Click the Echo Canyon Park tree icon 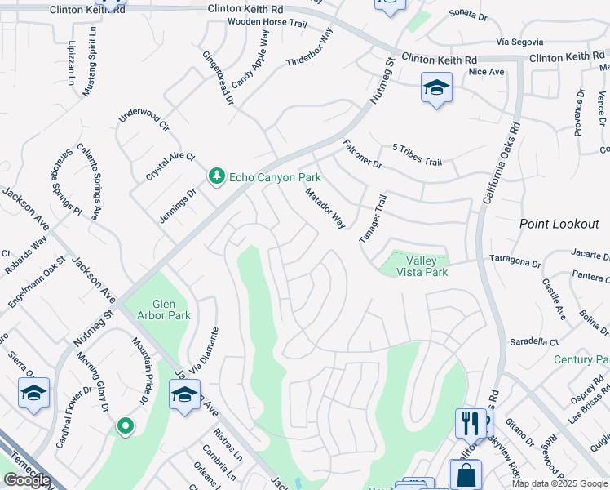217,176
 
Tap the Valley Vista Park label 422,266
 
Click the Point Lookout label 554,224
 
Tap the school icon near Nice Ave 436,88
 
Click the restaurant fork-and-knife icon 468,422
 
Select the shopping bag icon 464,474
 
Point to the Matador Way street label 325,209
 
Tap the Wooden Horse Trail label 267,22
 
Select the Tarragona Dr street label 515,261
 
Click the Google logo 27,480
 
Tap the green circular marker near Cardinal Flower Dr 124,425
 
